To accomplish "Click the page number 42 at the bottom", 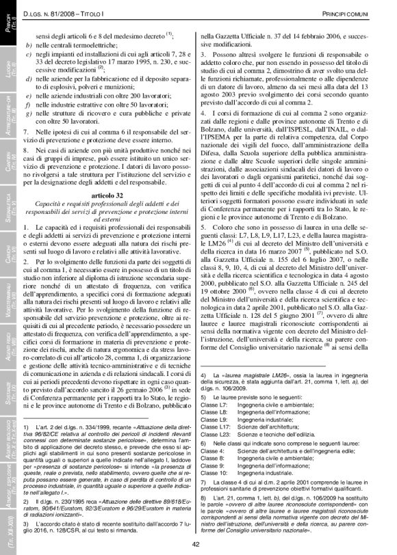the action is point(195,544).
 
